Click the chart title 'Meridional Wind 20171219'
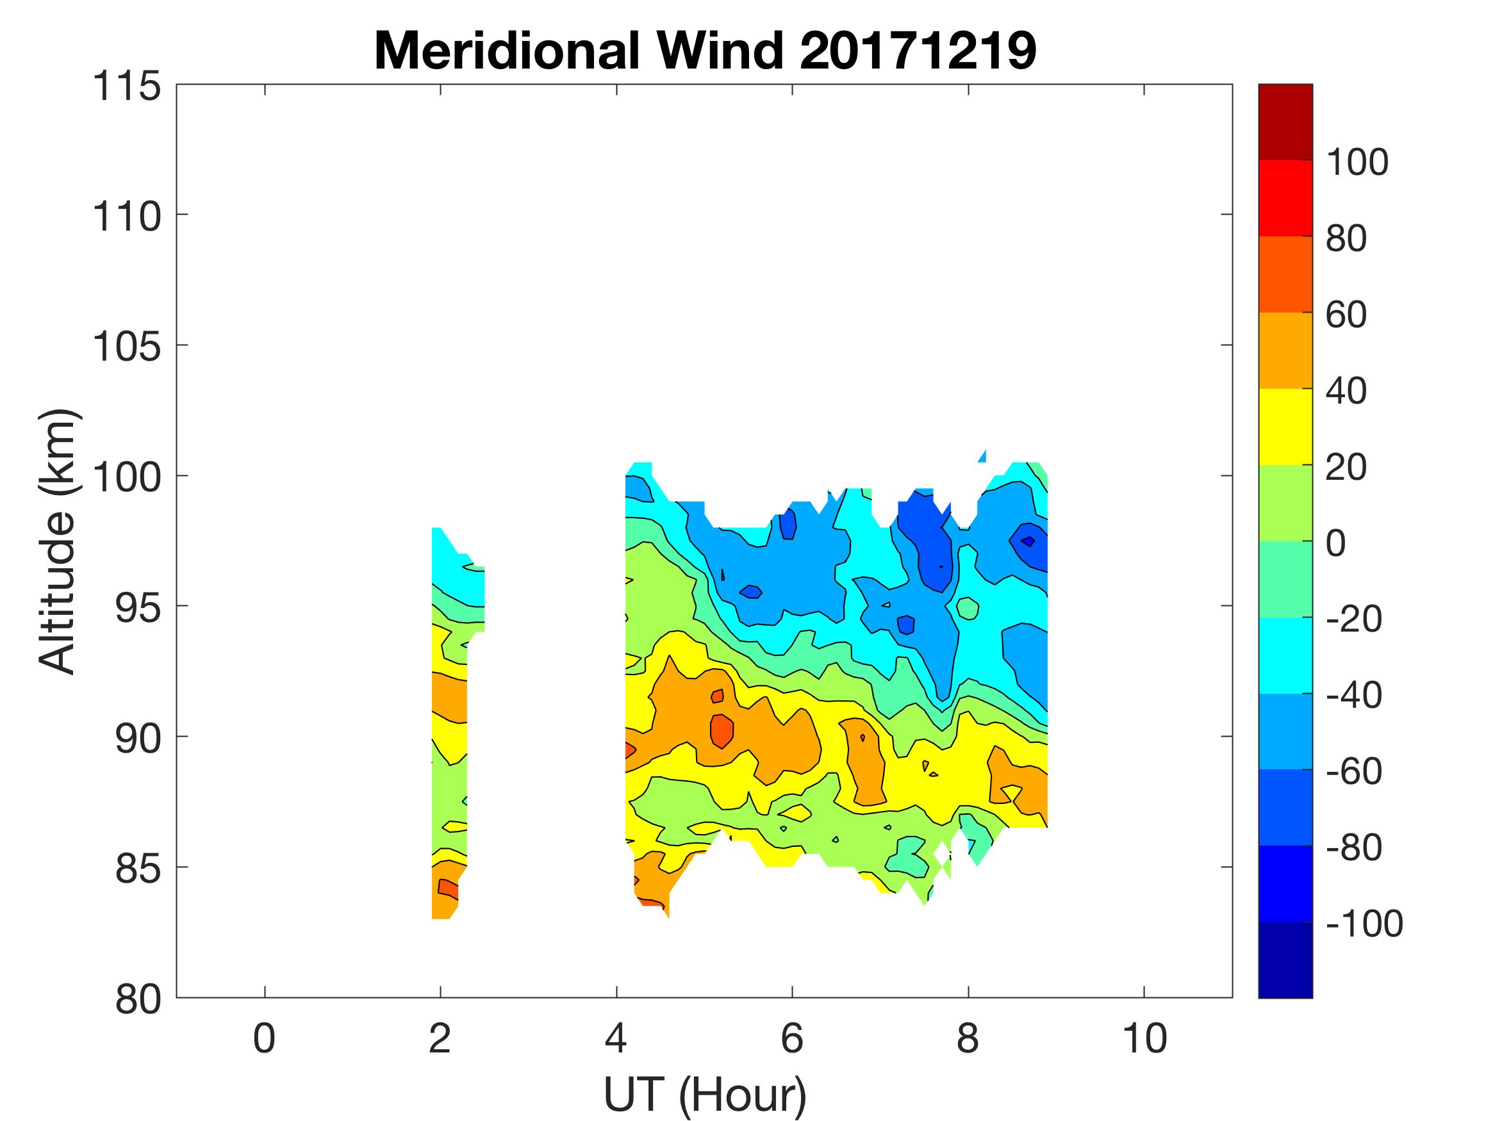[x=704, y=52]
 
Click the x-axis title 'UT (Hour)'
[x=704, y=1094]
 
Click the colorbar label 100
[x=1357, y=162]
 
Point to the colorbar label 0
[x=1336, y=543]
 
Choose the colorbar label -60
[x=1354, y=771]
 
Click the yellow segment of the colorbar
[x=1285, y=427]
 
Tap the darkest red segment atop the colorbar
[x=1285, y=122]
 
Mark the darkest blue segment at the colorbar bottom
[x=1285, y=960]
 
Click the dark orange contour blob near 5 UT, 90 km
[x=721, y=730]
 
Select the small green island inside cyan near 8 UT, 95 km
[x=968, y=608]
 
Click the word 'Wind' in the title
[x=719, y=52]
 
